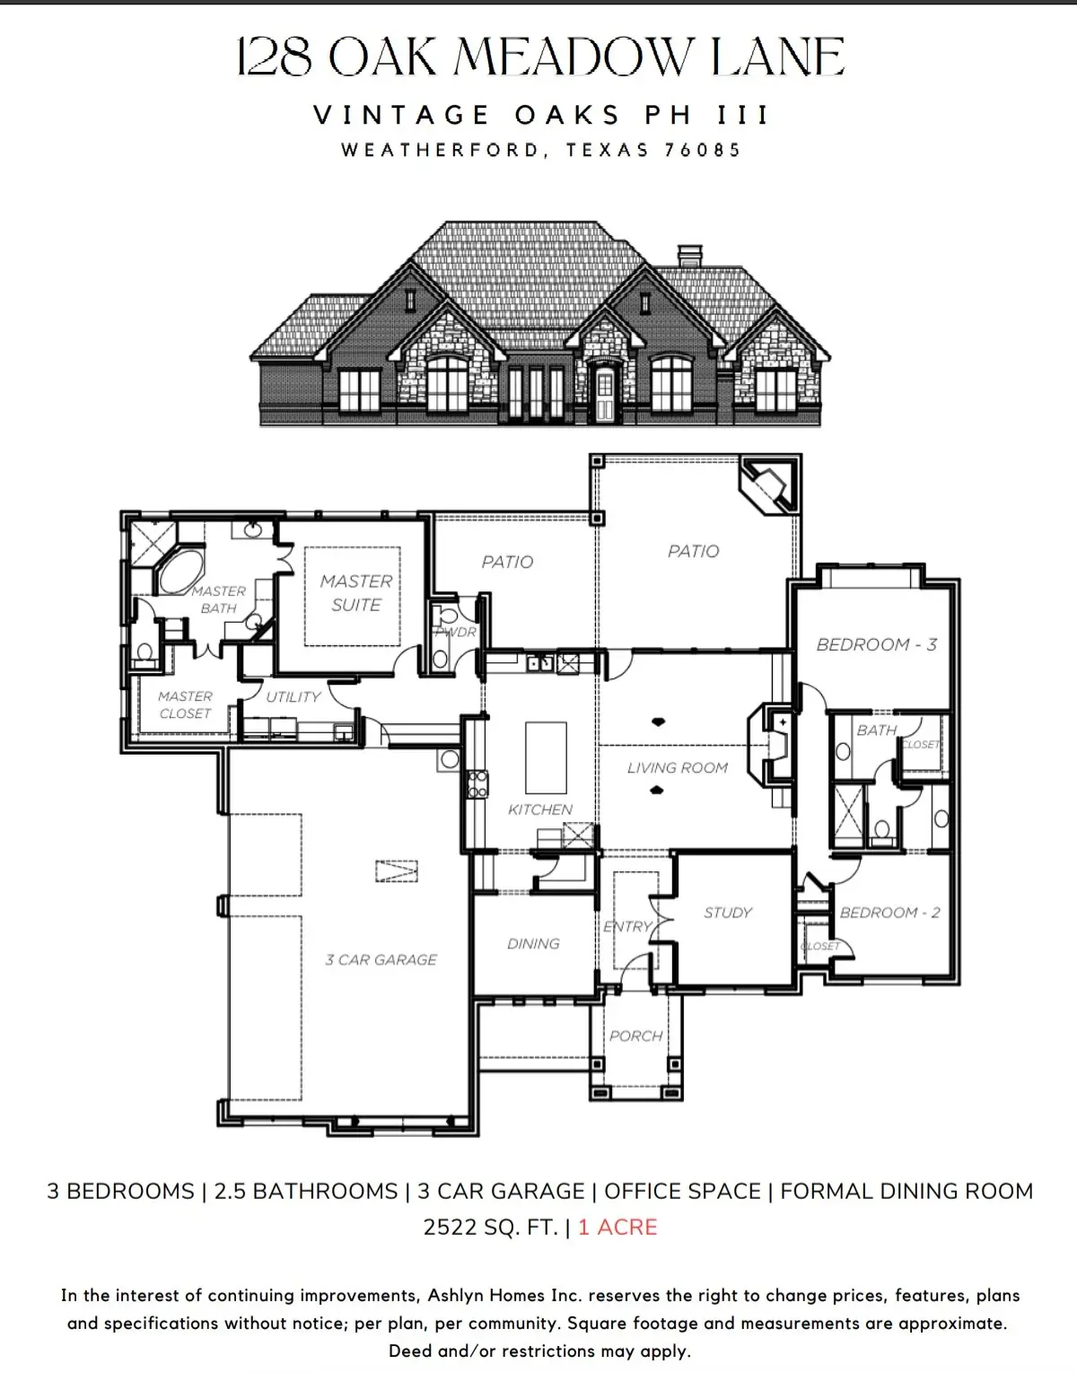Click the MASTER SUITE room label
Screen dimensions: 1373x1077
point(356,593)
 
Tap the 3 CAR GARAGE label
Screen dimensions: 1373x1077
point(381,959)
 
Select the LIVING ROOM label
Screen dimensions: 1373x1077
point(677,767)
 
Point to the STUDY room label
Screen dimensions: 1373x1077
point(727,913)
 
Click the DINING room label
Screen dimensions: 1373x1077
point(533,943)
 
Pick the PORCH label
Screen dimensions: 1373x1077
point(635,1036)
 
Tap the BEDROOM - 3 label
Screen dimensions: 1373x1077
point(876,644)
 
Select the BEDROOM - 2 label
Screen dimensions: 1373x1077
point(889,913)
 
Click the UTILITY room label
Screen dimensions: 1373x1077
point(293,696)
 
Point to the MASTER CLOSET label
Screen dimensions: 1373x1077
point(185,704)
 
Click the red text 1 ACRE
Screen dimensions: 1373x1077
point(617,1227)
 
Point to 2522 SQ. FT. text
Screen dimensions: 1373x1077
point(490,1227)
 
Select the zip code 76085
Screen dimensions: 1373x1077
point(703,150)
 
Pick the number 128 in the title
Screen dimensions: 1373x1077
point(274,58)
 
